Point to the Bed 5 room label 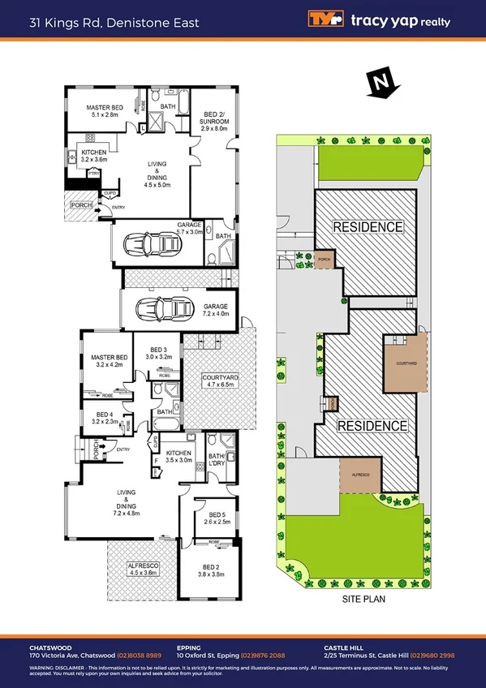(217, 518)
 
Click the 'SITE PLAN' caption (363, 600)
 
